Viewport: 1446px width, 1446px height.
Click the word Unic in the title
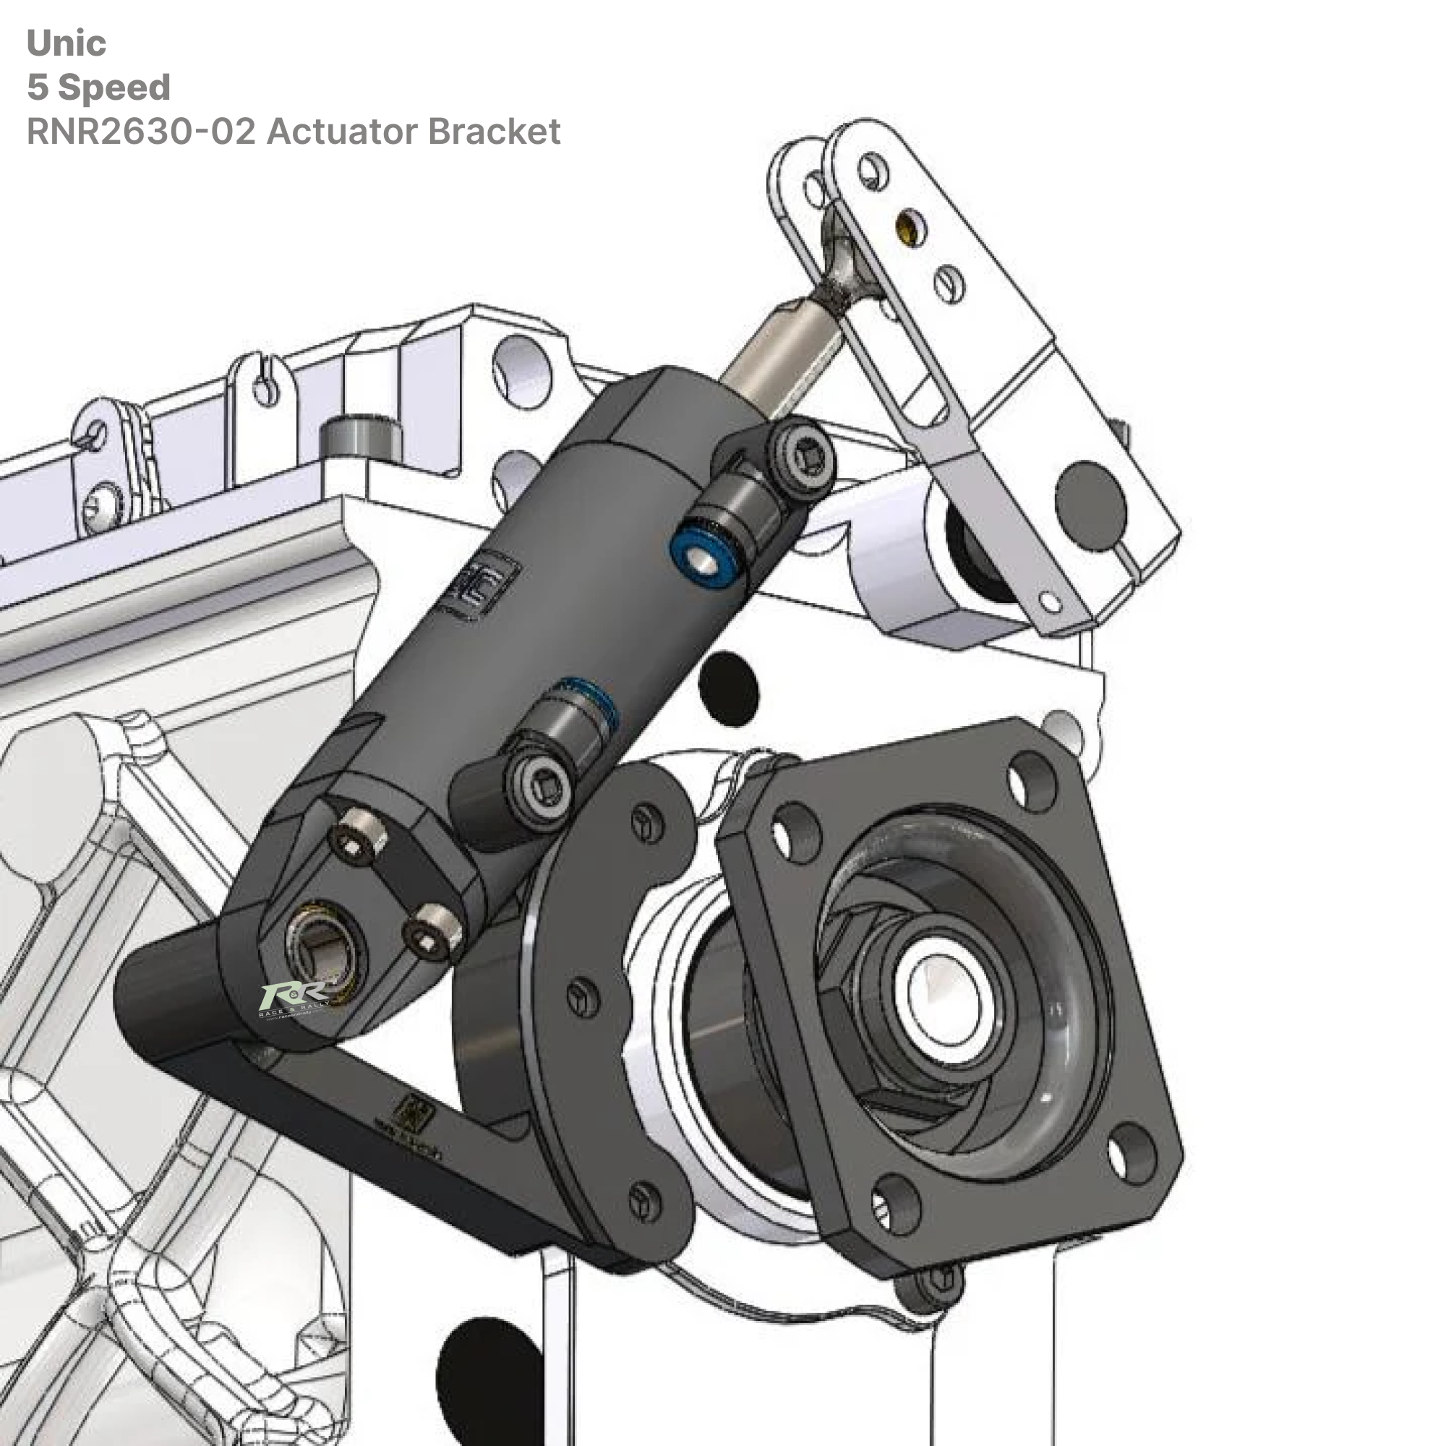[x=66, y=43]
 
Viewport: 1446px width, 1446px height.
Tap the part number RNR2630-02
[x=141, y=132]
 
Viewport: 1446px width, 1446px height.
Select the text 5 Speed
[x=99, y=87]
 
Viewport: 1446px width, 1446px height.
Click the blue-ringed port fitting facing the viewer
[x=701, y=556]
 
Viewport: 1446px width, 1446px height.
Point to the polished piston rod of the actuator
[x=779, y=359]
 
